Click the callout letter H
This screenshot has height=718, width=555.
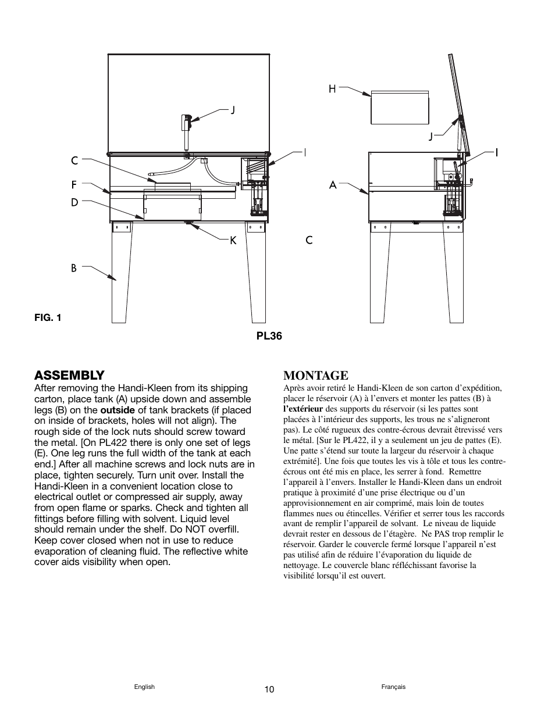(332, 88)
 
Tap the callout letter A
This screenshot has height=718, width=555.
(333, 185)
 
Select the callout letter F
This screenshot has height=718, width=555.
(74, 185)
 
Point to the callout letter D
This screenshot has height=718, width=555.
(74, 202)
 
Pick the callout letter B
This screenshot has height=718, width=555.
(74, 268)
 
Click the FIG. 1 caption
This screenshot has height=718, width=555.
(48, 317)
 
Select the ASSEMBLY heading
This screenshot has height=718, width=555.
(69, 374)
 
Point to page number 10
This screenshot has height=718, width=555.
(268, 690)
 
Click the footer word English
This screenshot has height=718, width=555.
(144, 687)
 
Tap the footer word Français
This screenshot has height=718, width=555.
(393, 687)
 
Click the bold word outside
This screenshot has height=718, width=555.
(118, 410)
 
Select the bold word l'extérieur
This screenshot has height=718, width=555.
(303, 409)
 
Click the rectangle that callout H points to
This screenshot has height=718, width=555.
(400, 107)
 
